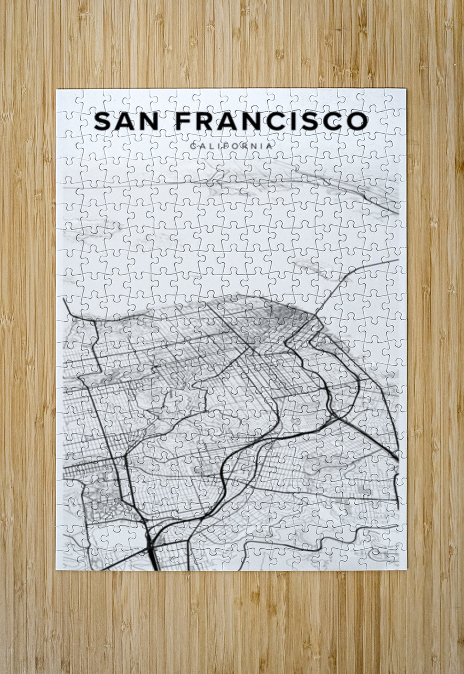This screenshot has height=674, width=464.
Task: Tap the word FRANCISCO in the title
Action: click(x=271, y=122)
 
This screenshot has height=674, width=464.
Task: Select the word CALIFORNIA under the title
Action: click(x=231, y=146)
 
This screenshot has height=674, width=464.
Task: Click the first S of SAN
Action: click(x=103, y=122)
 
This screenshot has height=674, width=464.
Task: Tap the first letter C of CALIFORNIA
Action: click(x=194, y=146)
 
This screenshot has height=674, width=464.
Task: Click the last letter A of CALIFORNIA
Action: click(x=270, y=146)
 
